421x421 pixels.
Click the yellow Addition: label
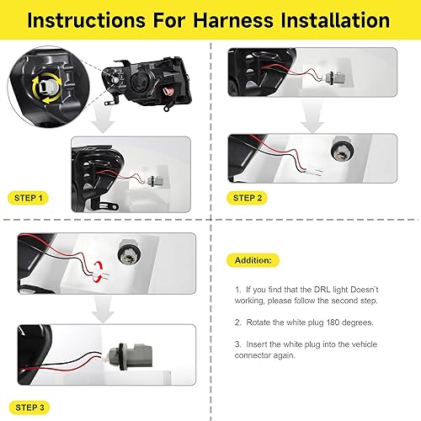click(x=253, y=261)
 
